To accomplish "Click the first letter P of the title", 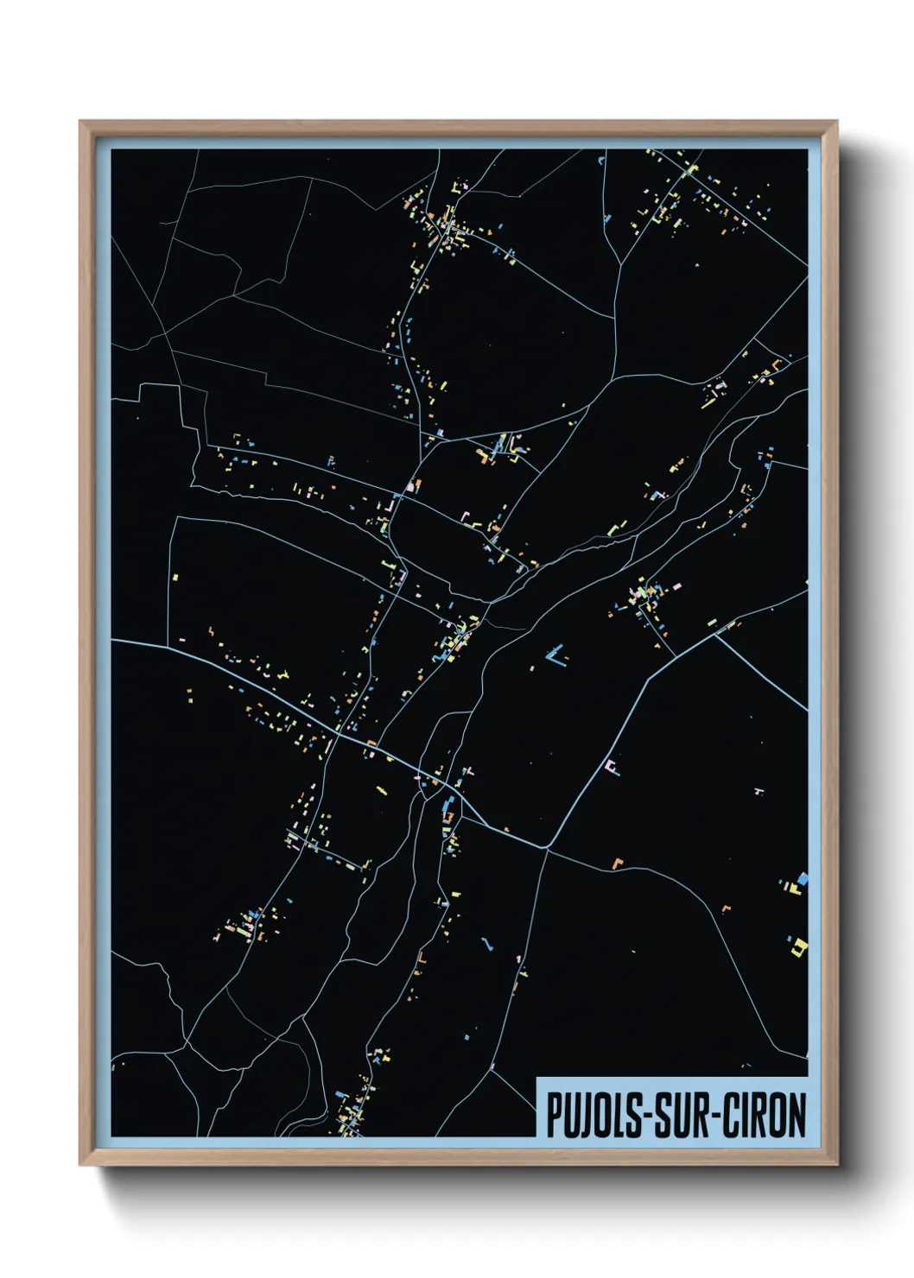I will coord(553,1115).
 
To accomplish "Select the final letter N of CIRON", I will coord(797,1115).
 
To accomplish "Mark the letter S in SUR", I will coord(660,1115).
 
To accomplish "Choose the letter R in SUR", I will coord(695,1115).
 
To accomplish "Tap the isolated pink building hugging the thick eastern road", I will coord(612,767).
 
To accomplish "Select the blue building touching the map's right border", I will coord(802,879).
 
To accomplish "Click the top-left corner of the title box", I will coord(537,1078).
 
